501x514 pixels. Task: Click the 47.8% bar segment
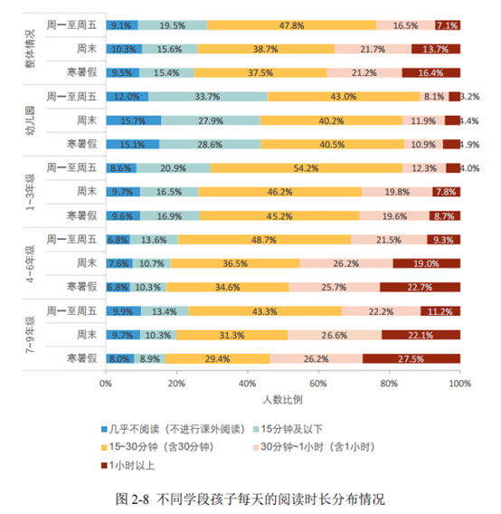click(292, 25)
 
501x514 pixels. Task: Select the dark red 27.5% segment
click(411, 358)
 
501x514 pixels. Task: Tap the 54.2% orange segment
click(307, 168)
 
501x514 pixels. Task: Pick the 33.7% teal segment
click(208, 97)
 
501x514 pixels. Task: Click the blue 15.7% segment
click(134, 120)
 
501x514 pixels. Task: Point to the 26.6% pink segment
click(335, 335)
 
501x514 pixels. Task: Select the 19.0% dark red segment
click(427, 263)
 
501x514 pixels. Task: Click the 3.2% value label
click(470, 97)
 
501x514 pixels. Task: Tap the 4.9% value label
click(470, 145)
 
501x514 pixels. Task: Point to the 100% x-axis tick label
click(460, 384)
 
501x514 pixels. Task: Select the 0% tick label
click(106, 384)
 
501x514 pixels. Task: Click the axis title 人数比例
click(282, 400)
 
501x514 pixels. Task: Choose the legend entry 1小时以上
click(128, 465)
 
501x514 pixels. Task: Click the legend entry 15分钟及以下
click(288, 429)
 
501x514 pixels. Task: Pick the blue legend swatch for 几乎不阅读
click(104, 430)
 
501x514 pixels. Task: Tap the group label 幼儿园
click(30, 120)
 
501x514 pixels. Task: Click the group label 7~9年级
click(30, 335)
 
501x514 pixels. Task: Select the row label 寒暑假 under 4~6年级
click(82, 287)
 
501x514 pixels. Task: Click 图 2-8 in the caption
click(132, 500)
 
